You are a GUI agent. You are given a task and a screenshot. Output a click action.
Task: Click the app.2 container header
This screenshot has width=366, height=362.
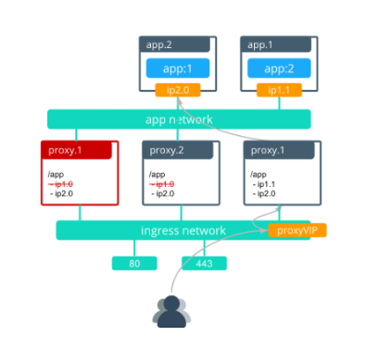[177, 44]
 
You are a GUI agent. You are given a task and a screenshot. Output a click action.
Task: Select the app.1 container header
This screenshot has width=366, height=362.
[280, 44]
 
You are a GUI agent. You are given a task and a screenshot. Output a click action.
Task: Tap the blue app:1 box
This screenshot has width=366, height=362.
[177, 69]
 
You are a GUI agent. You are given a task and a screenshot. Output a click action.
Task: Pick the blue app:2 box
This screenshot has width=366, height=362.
[280, 69]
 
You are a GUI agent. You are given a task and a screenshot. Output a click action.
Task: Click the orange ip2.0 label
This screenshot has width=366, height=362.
[177, 91]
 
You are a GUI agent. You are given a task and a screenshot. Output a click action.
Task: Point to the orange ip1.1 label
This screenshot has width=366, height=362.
[280, 91]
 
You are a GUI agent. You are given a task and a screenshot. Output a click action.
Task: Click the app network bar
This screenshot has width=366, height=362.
[179, 119]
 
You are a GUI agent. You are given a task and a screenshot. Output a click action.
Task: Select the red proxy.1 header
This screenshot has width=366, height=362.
[80, 149]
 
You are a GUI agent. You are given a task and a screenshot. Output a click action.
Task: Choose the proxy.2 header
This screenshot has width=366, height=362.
[181, 149]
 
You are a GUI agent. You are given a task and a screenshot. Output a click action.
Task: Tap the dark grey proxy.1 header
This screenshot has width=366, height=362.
[283, 149]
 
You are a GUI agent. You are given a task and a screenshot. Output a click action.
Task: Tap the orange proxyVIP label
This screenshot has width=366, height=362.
[297, 230]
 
